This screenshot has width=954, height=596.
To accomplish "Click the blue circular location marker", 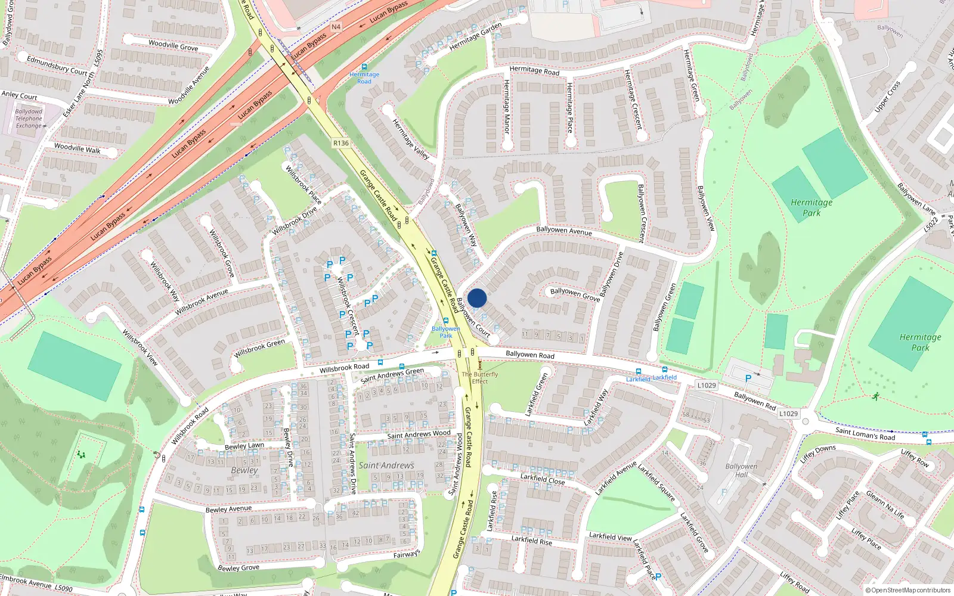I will (x=477, y=298).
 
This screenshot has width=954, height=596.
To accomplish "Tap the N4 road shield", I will (x=336, y=27).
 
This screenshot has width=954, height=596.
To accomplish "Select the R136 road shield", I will (x=341, y=143).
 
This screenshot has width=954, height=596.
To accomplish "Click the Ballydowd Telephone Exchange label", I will (x=29, y=119).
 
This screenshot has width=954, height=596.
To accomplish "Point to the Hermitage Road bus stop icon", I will (x=364, y=67).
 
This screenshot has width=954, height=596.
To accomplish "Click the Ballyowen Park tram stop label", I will (x=446, y=332).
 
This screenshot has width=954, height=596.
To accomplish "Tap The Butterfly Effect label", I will (x=479, y=378).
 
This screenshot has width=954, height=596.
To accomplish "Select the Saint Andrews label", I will (x=386, y=465).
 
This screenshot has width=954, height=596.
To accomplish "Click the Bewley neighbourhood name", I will (x=244, y=470).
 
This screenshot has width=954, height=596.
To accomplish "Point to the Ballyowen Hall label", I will (x=741, y=471).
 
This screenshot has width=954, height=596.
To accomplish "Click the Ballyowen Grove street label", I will (x=575, y=294).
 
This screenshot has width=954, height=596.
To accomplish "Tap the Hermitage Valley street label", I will (x=411, y=138).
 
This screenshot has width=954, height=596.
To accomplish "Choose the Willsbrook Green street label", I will (x=259, y=348).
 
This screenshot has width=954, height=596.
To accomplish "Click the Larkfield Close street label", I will (x=542, y=479).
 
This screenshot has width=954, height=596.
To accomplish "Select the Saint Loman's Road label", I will (x=865, y=433).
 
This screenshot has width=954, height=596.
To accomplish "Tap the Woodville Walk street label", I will (x=78, y=148).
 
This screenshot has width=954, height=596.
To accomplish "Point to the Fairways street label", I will (x=407, y=554).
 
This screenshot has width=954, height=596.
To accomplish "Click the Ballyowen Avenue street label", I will (x=564, y=231).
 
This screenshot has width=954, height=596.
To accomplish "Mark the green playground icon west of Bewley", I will (x=81, y=455).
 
